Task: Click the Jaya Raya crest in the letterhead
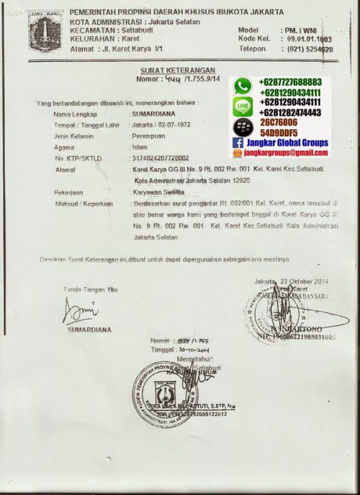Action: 46,32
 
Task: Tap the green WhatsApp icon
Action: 243,86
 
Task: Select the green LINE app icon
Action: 243,106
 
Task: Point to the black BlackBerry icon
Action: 243,127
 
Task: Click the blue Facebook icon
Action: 238,143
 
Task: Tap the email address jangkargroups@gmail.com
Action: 286,154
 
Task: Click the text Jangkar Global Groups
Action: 289,143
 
